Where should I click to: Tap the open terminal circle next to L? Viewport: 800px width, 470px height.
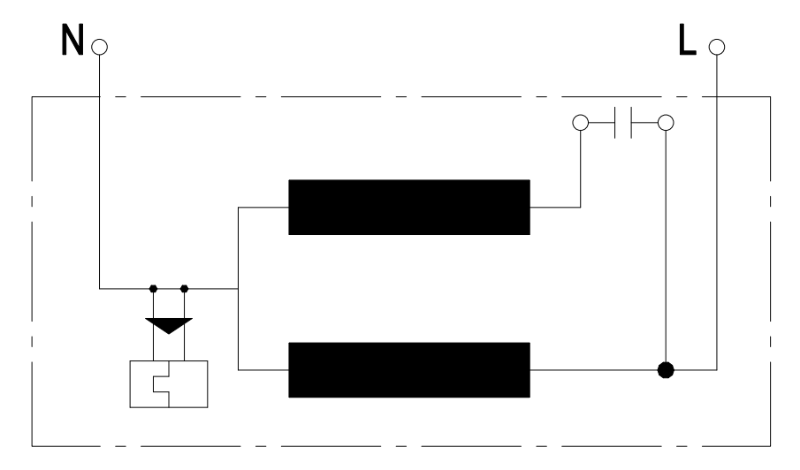pos(716,47)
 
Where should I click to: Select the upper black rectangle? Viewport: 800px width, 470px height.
pos(409,207)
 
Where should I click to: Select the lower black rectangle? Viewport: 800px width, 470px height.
pos(409,369)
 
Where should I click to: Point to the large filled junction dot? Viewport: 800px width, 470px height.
pos(665,369)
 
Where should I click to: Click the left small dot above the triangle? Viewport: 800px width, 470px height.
pos(153,288)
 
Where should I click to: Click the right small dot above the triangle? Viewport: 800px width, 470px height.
pos(184,288)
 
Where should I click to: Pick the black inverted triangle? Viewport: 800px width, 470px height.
pos(168,325)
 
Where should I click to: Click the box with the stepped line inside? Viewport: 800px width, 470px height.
pos(168,384)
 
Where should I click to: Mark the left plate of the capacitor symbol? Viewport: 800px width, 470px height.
pos(614,123)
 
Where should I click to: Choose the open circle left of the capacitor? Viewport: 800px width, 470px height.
pos(580,123)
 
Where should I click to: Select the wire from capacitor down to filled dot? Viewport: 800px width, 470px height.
pos(664,247)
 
